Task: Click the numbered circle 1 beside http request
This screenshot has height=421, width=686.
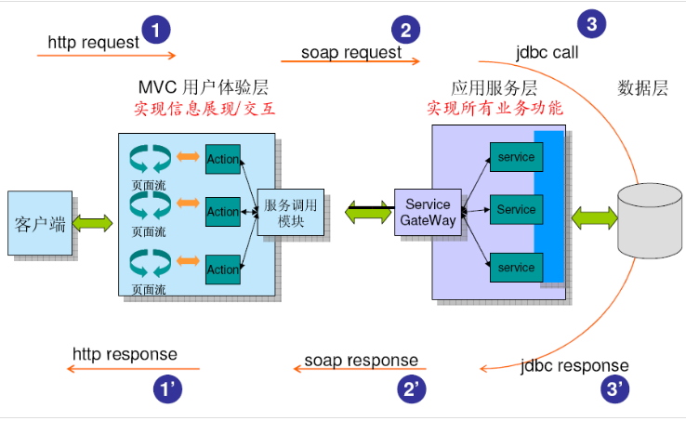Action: point(155,29)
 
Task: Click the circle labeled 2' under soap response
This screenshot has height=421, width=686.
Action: point(413,388)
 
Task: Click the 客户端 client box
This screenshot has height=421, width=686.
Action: point(41,223)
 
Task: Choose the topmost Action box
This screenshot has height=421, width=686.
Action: point(223,159)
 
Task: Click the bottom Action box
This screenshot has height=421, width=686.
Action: point(223,270)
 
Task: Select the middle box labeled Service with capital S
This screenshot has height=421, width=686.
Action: point(516,210)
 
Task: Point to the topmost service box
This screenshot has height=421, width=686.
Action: point(516,157)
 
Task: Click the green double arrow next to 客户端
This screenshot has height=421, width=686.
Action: point(93,223)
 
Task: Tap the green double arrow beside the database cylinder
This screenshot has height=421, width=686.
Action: point(594,219)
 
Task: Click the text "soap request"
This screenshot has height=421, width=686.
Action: point(351,52)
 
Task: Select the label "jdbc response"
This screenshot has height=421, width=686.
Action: point(574,365)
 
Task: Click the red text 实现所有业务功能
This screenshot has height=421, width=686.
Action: point(495,108)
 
